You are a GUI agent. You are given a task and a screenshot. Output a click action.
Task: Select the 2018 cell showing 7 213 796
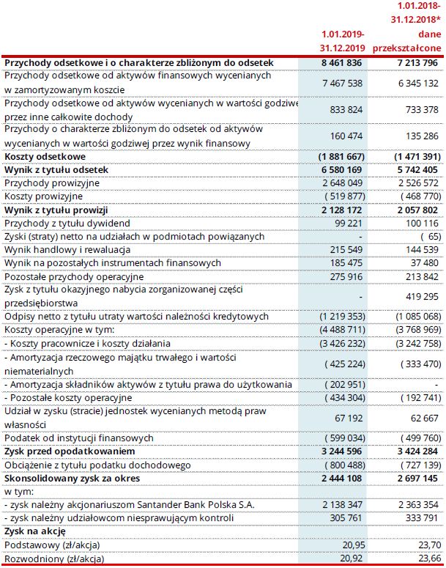pos(415,63)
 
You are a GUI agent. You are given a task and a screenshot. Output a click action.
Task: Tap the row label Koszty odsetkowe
pos(45,156)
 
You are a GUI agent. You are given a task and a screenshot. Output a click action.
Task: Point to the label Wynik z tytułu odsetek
pos(56,169)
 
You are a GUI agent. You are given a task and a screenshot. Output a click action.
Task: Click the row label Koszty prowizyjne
pos(42,196)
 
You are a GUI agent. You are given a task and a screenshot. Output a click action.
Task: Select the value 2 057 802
pos(415,209)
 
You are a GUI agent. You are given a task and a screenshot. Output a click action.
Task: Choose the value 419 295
pos(420,297)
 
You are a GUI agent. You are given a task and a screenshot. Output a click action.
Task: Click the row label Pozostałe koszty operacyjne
pos(70,397)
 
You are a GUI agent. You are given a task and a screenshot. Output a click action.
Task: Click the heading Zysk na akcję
pos(36,531)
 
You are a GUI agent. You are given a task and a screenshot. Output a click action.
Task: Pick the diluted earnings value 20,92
pos(352,558)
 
